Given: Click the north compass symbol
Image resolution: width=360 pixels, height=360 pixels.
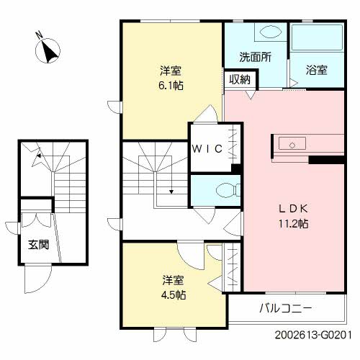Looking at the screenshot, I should pos(48,49).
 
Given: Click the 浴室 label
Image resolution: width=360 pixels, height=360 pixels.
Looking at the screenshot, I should pos(317,71).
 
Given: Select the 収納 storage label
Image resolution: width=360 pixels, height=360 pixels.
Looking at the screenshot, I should pos(240,80).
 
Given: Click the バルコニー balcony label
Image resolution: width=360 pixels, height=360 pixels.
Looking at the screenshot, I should pos(286,308).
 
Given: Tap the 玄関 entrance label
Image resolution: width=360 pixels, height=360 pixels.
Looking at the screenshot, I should pos(38,245).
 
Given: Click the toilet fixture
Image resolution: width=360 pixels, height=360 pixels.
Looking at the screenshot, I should pos(224,190).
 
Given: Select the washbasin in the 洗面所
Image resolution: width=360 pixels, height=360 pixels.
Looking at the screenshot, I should pos(271,33).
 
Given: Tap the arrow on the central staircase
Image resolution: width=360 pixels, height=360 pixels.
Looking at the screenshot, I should pos(171,191).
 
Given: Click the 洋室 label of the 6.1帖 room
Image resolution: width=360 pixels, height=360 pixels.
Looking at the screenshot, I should pos(171,71).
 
